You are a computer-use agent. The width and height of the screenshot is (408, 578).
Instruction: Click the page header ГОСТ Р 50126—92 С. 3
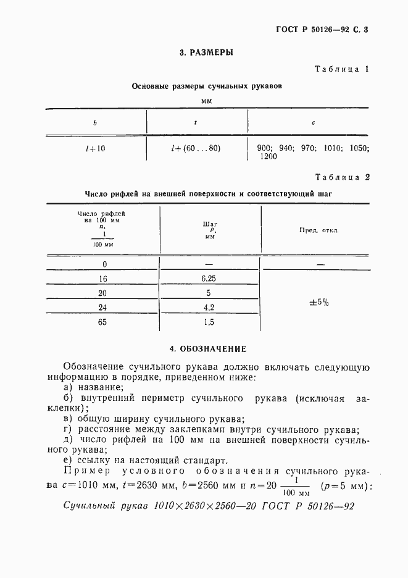322,29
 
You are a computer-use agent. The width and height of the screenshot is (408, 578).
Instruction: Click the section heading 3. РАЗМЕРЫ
206,53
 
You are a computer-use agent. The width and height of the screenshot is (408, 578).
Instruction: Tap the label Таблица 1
341,69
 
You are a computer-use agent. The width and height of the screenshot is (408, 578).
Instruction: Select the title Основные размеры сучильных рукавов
207,87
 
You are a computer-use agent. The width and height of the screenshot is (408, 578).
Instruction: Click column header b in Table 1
95,123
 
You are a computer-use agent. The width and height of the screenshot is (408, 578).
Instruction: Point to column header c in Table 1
314,123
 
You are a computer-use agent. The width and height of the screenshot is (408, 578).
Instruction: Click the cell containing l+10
95,148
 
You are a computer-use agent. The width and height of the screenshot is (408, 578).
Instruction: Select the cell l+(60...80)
196,148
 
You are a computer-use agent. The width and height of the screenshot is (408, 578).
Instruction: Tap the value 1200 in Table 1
269,157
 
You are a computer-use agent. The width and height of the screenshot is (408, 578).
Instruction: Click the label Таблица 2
341,177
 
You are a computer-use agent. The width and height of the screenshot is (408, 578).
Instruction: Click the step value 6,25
208,279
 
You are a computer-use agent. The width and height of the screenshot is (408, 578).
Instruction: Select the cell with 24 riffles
102,308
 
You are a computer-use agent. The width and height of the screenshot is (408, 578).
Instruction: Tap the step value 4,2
208,308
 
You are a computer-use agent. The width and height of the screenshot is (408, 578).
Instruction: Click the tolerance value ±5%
318,303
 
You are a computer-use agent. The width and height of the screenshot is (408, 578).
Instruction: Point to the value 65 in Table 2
102,322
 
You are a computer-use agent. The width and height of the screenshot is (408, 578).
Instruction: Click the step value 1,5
208,322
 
